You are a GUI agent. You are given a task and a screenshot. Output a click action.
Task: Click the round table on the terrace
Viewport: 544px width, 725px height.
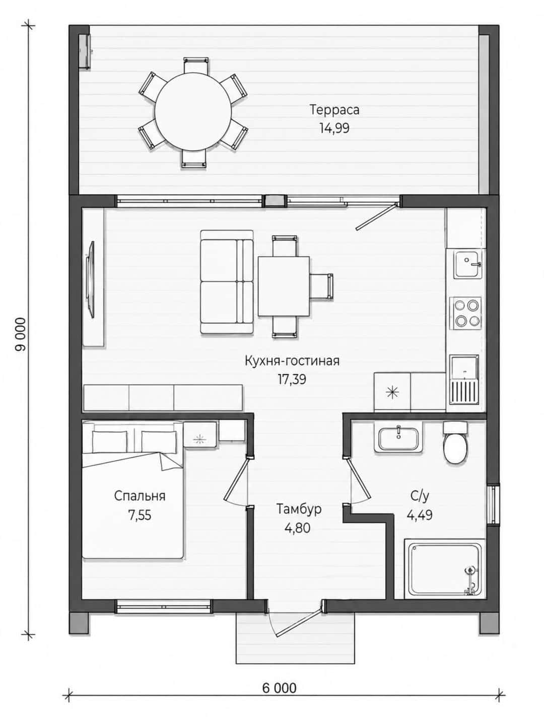coord(193,112)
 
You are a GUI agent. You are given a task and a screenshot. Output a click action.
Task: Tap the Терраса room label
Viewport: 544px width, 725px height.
coord(334,110)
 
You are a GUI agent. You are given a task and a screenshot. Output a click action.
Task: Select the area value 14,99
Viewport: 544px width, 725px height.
coord(334,128)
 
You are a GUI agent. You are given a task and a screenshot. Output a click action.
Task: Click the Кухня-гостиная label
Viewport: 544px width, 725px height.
coord(292,361)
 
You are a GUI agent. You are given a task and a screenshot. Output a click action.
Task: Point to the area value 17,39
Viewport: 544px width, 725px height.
coord(292,379)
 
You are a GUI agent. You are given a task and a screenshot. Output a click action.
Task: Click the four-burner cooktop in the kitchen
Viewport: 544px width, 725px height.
coord(465,313)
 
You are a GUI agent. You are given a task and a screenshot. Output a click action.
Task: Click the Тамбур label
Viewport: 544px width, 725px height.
coord(299,509)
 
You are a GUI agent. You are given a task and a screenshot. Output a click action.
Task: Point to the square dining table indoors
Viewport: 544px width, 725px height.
coord(284,286)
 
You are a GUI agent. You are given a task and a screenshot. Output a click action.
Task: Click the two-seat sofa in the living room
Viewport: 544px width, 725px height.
coord(227,282)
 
